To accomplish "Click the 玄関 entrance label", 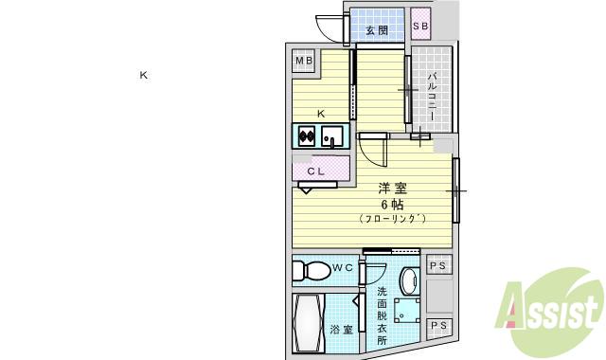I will click(x=376, y=30).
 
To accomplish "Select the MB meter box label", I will click(x=303, y=62).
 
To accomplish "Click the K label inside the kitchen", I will click(x=321, y=114).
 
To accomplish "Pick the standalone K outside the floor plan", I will click(x=144, y=75).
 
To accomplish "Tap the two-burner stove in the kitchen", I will click(x=306, y=136).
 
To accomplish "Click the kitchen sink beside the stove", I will click(x=331, y=138).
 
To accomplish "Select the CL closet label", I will click(x=316, y=171).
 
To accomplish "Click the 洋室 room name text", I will click(x=393, y=188).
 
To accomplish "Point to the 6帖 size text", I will click(x=392, y=204).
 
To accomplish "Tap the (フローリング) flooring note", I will click(x=393, y=219).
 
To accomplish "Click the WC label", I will click(x=342, y=268).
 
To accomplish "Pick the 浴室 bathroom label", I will click(x=341, y=331).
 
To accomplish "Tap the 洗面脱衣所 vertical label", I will click(x=381, y=315).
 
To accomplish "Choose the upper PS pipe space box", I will click(x=438, y=266).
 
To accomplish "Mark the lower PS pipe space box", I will click(x=438, y=327).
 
